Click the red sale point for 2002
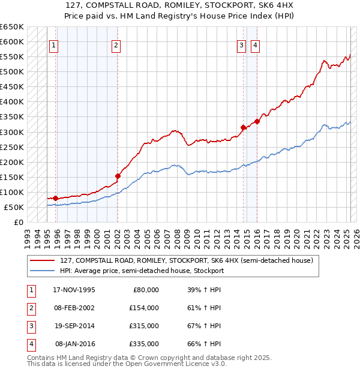pos(118,176)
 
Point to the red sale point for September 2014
pos(243,127)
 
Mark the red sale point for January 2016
pos(257,121)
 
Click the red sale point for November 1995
pos(56,198)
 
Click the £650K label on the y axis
pos(12,27)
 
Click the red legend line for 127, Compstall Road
pos(43,261)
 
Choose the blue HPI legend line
pos(43,271)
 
